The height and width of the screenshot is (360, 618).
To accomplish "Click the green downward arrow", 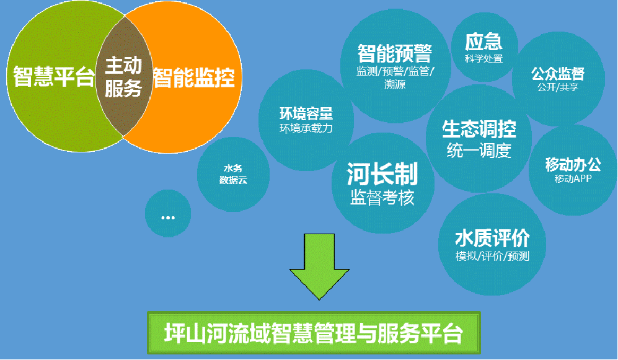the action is (x=319, y=266).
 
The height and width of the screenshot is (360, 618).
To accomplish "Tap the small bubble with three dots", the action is (x=168, y=214).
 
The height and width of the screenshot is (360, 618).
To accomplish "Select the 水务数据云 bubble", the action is (x=233, y=174).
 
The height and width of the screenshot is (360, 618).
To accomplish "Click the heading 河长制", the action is (x=382, y=174).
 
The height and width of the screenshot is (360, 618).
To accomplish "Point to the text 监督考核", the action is (x=382, y=197).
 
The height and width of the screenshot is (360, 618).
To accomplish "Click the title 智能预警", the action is (x=394, y=53).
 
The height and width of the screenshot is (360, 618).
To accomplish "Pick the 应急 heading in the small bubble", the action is (x=483, y=42).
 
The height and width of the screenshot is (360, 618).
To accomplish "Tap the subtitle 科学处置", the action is (x=483, y=59).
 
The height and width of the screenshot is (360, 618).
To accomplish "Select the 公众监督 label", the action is (x=558, y=73).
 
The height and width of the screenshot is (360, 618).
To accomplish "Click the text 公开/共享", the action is (x=558, y=87).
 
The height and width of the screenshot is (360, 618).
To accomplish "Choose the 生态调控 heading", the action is (x=479, y=129).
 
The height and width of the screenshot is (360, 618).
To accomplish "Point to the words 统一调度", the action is (x=479, y=150).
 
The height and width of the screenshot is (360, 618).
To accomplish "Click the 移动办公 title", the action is (x=573, y=164).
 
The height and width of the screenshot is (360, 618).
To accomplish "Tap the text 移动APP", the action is (x=573, y=178).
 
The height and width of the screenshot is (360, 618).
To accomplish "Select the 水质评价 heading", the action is (x=492, y=239).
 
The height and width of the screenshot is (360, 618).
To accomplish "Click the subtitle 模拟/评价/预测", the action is (x=492, y=256).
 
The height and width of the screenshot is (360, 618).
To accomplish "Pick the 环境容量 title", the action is (x=306, y=113).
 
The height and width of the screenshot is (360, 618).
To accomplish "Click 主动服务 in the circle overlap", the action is (x=123, y=76).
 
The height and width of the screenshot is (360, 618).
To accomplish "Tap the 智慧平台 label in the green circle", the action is (x=54, y=76).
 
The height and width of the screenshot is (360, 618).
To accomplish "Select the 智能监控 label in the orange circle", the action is (x=194, y=77).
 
